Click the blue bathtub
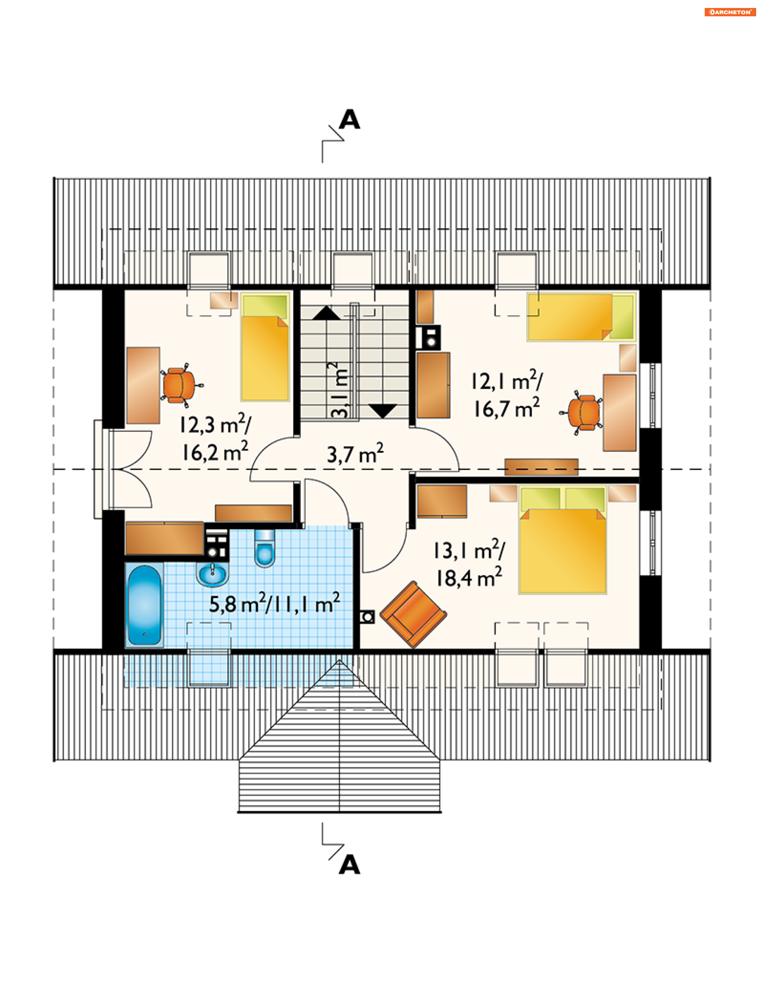click(144, 605)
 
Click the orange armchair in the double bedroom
click(413, 614)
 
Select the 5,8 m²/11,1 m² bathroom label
click(275, 603)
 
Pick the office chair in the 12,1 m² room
click(582, 412)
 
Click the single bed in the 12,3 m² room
click(265, 347)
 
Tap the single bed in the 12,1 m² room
click(581, 317)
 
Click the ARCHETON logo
click(730, 12)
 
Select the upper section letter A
click(350, 119)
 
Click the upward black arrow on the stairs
click(327, 313)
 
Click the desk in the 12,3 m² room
click(143, 385)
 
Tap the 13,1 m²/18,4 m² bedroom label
click(469, 564)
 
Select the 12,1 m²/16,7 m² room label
click(507, 394)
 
